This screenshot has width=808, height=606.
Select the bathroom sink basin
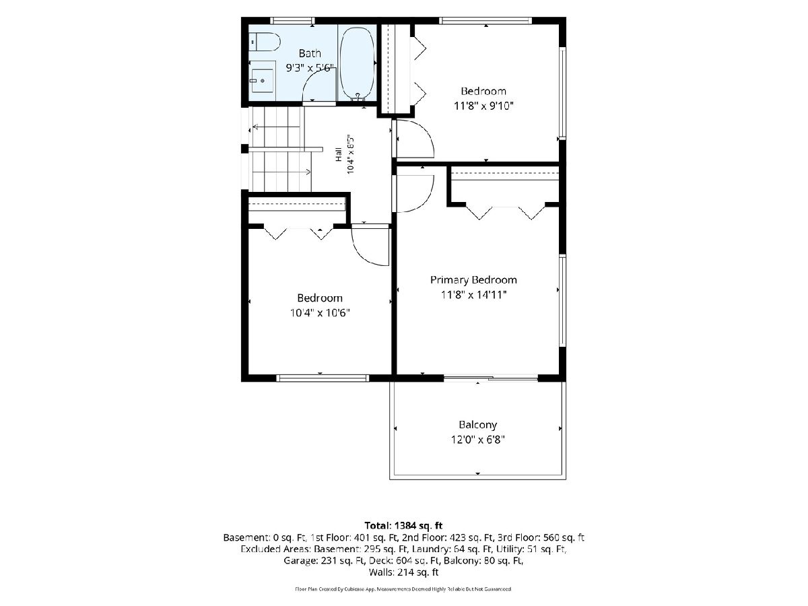(262, 81)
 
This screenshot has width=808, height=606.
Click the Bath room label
(310, 53)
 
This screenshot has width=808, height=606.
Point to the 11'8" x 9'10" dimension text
(483, 106)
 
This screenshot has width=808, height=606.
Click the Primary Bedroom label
(473, 280)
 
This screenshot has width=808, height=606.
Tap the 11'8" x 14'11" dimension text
(474, 295)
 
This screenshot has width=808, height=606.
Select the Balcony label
(478, 425)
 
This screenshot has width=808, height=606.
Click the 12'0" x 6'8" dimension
(478, 439)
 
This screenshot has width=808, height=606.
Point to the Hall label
(339, 155)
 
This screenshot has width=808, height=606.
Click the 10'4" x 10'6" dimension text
(320, 312)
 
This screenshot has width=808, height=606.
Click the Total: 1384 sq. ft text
(403, 525)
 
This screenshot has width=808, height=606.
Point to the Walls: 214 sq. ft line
(403, 572)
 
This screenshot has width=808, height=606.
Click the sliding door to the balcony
(491, 378)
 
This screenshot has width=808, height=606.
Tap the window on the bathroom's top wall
(292, 21)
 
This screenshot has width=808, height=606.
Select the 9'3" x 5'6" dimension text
(310, 68)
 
